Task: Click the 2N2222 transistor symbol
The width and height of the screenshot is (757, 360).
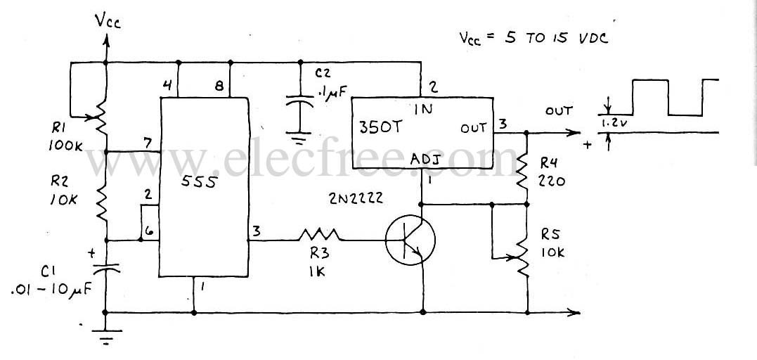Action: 410,239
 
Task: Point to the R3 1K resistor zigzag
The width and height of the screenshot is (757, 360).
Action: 320,233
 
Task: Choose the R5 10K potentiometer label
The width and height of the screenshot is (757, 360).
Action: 553,243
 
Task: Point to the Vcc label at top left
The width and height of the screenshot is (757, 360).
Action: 108,22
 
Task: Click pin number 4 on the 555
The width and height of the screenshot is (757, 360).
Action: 167,86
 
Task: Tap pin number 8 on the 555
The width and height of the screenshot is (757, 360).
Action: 219,86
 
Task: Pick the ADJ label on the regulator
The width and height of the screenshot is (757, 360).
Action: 426,160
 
